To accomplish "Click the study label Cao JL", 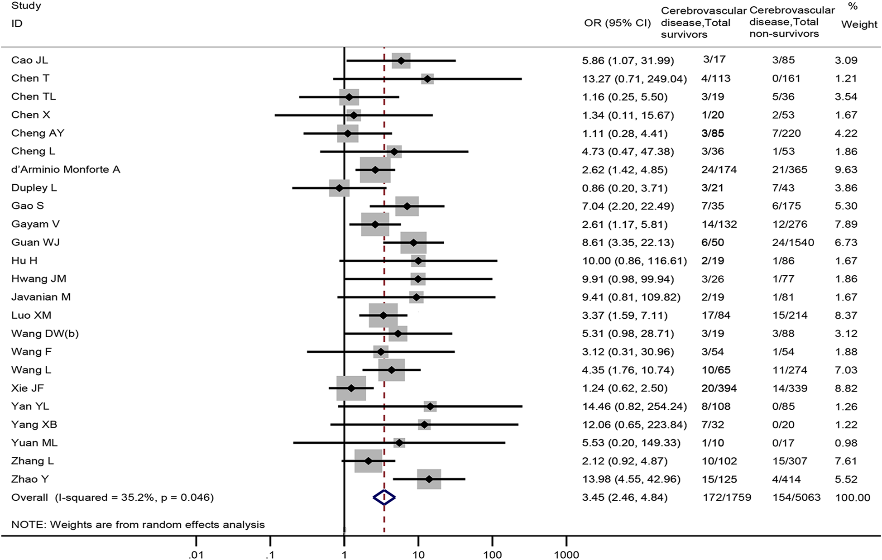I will click(x=29, y=60).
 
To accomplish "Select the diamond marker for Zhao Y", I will click(x=429, y=479).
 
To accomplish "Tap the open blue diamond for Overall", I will click(x=384, y=498).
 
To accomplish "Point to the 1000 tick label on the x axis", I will click(x=566, y=555).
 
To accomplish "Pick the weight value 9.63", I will click(x=846, y=170).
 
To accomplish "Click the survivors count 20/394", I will click(x=719, y=388).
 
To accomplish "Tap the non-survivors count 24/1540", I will click(x=793, y=243).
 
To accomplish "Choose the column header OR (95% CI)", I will click(x=617, y=23).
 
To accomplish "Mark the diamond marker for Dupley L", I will click(x=339, y=188).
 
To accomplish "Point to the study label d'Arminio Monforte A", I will click(x=66, y=170).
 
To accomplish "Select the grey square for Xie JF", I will click(x=351, y=388).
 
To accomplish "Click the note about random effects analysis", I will click(x=138, y=525).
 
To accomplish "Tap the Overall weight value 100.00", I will click(x=853, y=498).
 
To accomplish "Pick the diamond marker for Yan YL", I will click(x=430, y=407).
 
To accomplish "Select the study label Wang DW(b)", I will click(x=45, y=334).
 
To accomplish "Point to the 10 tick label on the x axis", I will click(x=418, y=555).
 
